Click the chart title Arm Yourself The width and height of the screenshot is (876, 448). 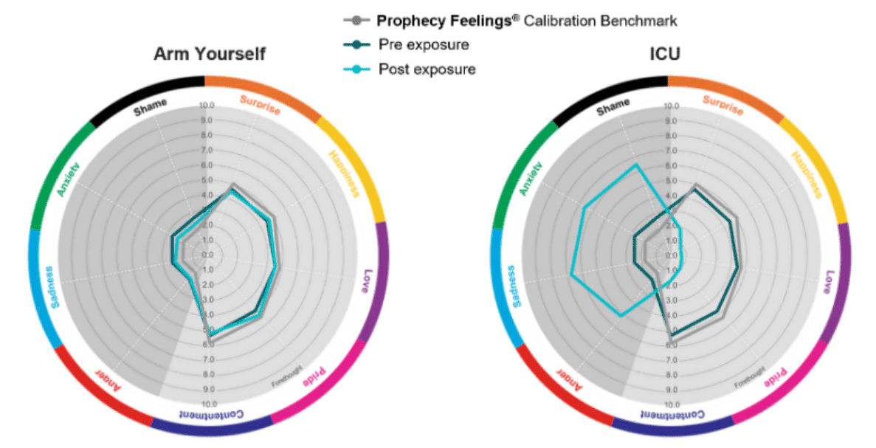[210, 54]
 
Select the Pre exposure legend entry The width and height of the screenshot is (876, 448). [424, 44]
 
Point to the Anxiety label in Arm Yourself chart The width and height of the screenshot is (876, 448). [72, 179]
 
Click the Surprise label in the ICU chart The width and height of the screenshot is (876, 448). [721, 106]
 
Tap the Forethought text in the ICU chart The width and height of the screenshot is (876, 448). [748, 375]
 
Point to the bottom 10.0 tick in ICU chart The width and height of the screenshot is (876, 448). [671, 404]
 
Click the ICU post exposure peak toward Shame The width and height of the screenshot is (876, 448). [635, 165]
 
